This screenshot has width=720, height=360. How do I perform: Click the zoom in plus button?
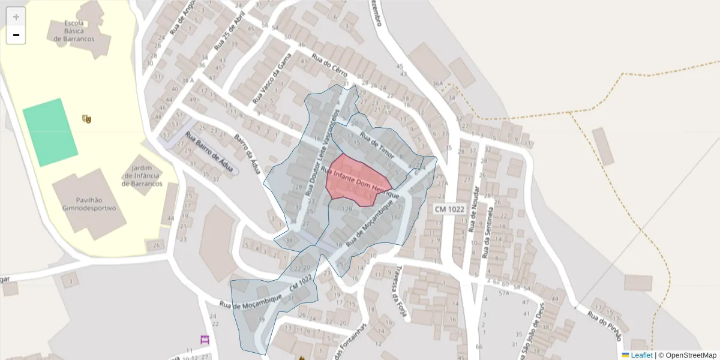[16, 17]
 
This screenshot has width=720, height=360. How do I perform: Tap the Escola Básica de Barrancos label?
[77, 31]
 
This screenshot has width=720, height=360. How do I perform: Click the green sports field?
[50, 132]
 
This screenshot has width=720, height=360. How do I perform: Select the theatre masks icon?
[87, 119]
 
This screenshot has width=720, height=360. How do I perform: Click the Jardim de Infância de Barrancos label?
[142, 176]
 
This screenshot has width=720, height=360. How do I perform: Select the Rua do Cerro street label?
[329, 65]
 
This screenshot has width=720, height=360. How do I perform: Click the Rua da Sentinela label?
[488, 232]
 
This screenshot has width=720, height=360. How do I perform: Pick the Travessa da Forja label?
[395, 292]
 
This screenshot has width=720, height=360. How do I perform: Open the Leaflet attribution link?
[641, 355]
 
